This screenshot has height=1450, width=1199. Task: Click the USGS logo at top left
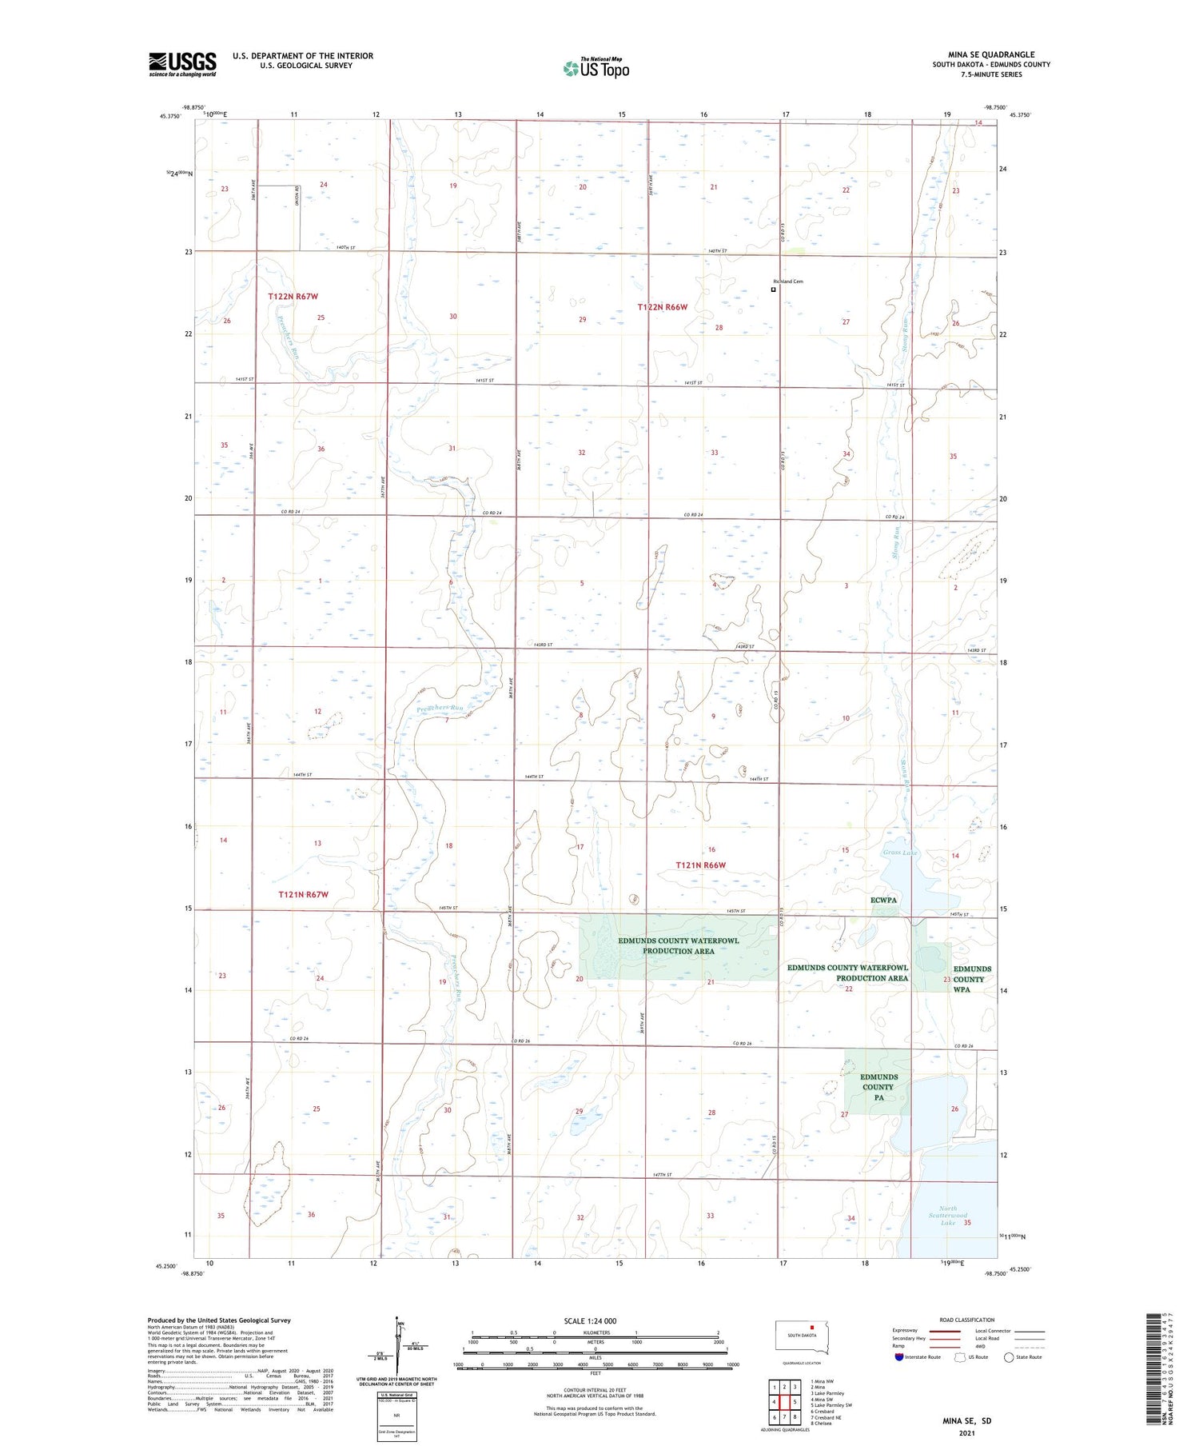tap(182, 64)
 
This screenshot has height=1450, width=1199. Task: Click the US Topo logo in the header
tap(596, 68)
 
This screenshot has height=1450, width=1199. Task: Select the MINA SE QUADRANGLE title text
tap(990, 55)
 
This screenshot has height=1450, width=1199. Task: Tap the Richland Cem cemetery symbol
tap(773, 290)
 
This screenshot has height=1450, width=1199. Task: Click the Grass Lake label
tap(900, 853)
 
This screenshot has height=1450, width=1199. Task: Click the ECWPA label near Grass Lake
tap(883, 900)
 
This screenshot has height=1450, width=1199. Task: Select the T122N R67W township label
tap(293, 296)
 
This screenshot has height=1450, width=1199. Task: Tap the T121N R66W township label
tap(701, 865)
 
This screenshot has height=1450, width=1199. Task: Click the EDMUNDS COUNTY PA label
tap(878, 1087)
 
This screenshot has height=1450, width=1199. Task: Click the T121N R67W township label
tap(303, 894)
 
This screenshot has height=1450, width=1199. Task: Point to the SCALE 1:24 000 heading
tap(590, 1320)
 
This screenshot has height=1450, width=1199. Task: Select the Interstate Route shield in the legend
tap(899, 1357)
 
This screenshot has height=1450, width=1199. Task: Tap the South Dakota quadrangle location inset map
tap(803, 1337)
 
